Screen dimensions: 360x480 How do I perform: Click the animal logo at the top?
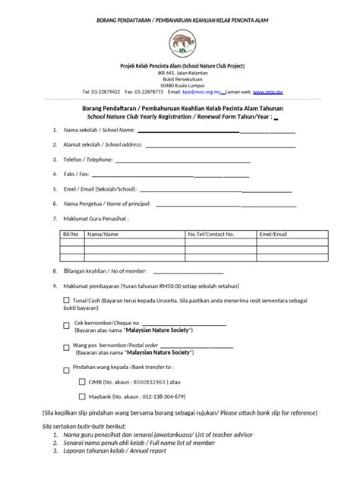click(180, 42)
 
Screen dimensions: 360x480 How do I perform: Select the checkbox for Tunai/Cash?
click(68, 300)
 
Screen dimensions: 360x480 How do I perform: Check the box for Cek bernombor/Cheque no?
click(68, 326)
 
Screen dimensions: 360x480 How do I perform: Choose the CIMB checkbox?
click(82, 381)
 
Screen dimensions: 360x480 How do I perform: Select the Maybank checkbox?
click(82, 397)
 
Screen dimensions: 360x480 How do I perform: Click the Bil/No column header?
click(69, 235)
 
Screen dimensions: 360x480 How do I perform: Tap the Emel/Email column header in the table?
click(271, 235)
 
